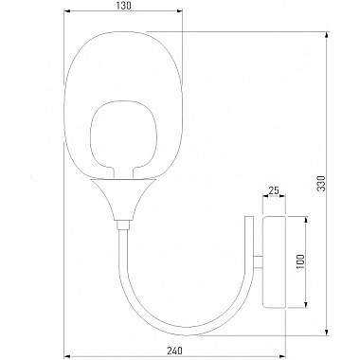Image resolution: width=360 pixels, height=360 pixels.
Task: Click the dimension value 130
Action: pos(123,6)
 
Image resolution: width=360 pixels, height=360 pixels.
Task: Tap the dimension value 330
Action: pos(321,183)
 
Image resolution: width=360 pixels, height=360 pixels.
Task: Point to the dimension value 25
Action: pos(274,190)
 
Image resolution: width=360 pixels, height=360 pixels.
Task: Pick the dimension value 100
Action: pos(300,261)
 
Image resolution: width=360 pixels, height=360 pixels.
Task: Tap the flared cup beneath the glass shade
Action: pos(123,200)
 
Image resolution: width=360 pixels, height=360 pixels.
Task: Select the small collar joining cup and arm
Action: pos(123,225)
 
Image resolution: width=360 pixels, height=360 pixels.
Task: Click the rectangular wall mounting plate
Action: pos(274,261)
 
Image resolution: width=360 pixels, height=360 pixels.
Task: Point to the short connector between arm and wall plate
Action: pos(258,261)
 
